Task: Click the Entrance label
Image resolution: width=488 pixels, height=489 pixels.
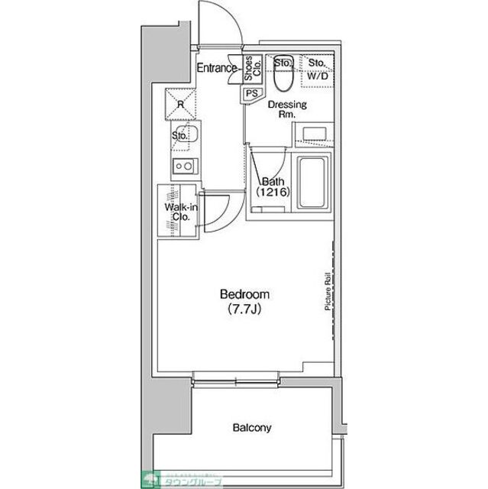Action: coord(217,68)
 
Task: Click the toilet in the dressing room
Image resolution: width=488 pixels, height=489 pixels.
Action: coord(282,75)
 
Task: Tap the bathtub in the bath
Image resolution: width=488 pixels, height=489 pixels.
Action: coord(312,183)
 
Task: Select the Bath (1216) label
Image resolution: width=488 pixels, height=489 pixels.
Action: coord(273,187)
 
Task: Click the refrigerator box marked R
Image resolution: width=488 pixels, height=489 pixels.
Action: coord(182,105)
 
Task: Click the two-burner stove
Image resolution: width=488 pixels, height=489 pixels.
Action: coord(183,165)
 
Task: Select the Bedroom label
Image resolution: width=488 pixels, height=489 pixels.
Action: coord(244,294)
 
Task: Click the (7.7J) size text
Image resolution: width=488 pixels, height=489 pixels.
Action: coord(244,309)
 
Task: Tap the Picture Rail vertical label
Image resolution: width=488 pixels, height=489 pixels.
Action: coord(326,291)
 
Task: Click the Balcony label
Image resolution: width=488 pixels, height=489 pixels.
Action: coord(251,428)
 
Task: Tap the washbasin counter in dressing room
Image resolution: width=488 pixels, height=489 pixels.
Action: coord(313,134)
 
